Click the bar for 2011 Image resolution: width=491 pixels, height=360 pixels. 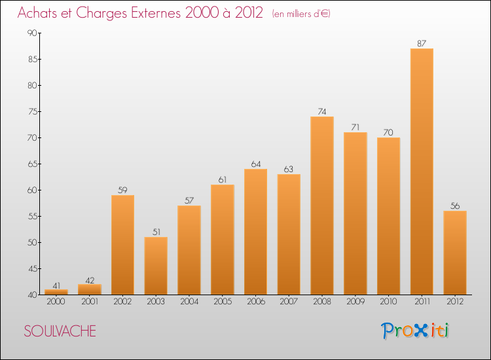[422, 171]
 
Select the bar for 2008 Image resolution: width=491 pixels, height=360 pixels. [322, 206]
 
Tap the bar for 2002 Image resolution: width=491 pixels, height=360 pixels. [122, 245]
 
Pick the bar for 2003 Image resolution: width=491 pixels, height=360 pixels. [156, 266]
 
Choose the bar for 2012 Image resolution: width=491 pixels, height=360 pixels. [455, 253]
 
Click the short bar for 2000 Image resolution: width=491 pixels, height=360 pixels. [56, 292]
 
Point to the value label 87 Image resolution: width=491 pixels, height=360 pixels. [422, 44]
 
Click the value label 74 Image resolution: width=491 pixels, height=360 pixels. [322, 112]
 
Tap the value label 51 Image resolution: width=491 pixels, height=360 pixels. [156, 232]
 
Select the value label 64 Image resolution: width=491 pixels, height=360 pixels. [255, 164]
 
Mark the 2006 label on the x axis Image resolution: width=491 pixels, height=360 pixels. [255, 302]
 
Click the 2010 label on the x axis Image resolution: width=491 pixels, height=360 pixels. [388, 302]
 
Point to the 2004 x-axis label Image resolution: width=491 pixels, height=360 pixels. [189, 302]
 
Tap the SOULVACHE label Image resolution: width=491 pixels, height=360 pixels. [60, 331]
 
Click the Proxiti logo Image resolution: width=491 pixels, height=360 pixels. [415, 331]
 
